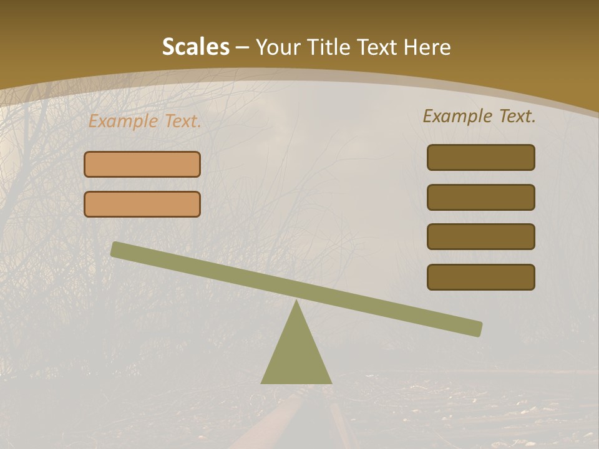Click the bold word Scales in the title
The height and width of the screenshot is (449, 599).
pyautogui.click(x=195, y=47)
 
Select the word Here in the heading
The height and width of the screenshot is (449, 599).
pyautogui.click(x=427, y=47)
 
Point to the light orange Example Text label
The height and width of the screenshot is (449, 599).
pyautogui.click(x=145, y=122)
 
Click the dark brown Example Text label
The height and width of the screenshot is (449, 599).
pyautogui.click(x=479, y=116)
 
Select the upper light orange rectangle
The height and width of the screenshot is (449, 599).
pyautogui.click(x=142, y=164)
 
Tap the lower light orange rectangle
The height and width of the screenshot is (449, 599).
pyautogui.click(x=142, y=204)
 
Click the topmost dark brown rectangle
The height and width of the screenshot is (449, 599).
pyautogui.click(x=480, y=157)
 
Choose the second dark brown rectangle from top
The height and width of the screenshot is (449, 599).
pyautogui.click(x=480, y=197)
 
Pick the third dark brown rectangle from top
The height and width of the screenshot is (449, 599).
pyautogui.click(x=480, y=236)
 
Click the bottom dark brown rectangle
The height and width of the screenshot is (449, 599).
pyautogui.click(x=480, y=277)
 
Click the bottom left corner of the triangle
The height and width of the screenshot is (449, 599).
pyautogui.click(x=262, y=382)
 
